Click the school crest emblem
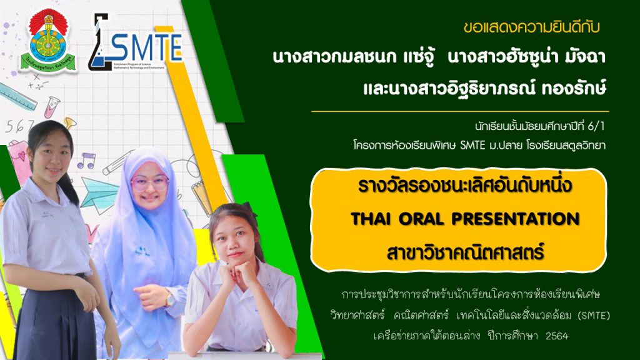48,41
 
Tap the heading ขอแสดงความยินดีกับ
531,27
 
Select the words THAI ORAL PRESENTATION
465,219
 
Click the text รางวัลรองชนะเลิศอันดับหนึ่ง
465,186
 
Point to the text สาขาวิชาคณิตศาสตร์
465,252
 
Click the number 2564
557,336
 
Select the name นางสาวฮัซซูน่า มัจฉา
526,57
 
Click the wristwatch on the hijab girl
169,300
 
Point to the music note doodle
86,161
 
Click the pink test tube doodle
52,107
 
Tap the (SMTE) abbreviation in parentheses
594,316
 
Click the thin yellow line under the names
460,111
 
